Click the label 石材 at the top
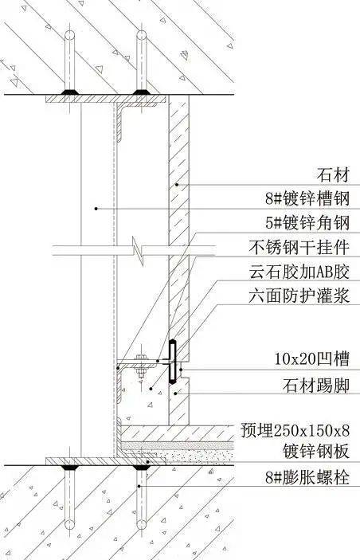(x=333, y=175)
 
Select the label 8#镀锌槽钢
(x=307, y=198)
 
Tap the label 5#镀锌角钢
(x=307, y=223)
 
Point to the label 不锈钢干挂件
(x=299, y=247)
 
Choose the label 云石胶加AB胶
(x=299, y=272)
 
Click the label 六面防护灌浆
(x=299, y=296)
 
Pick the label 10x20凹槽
(x=311, y=358)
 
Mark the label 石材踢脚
(x=316, y=386)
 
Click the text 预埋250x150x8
(x=295, y=430)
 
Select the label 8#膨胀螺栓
(x=307, y=477)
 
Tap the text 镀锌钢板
(x=316, y=451)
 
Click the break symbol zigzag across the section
(x=138, y=251)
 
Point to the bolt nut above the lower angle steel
(x=142, y=358)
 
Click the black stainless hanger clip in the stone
(x=173, y=362)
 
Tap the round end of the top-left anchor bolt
(x=69, y=35)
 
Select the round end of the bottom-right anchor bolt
(x=142, y=525)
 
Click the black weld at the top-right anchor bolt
(x=142, y=92)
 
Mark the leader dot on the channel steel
(x=96, y=208)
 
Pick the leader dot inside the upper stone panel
(x=176, y=185)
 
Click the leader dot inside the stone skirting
(x=175, y=394)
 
